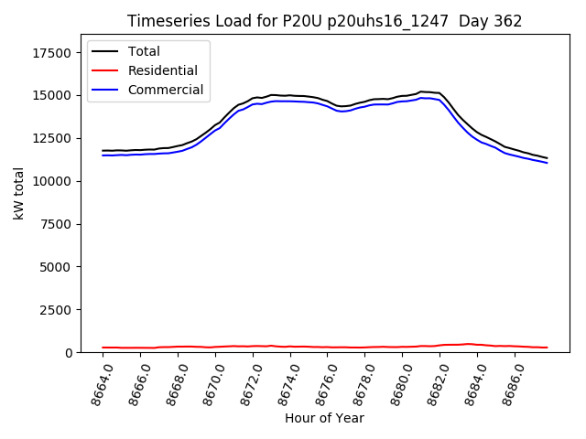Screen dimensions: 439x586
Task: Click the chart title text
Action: click(x=324, y=21)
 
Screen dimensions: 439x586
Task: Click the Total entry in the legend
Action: click(x=144, y=51)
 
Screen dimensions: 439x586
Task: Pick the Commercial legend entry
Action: click(x=165, y=90)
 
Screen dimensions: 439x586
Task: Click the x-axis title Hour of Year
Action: click(x=324, y=419)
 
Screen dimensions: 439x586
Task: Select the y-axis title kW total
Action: click(x=19, y=193)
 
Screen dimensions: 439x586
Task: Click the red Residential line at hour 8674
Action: click(x=290, y=347)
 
